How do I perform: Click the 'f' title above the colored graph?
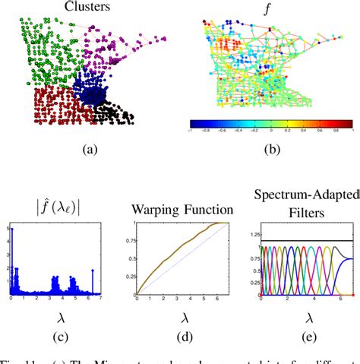point(267,8)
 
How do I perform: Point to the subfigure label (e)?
point(297,331)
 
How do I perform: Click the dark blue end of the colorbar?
point(194,122)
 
